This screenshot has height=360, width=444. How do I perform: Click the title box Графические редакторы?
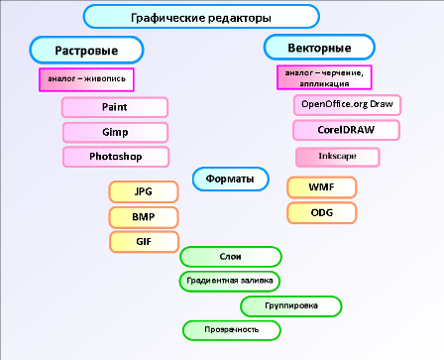click(201, 17)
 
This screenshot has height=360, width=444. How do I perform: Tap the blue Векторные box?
click(320, 47)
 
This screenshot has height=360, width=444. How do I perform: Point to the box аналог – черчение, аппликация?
click(324, 77)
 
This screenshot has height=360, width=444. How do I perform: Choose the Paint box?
click(115, 107)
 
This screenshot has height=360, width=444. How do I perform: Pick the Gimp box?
click(115, 132)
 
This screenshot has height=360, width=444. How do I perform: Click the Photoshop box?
click(115, 157)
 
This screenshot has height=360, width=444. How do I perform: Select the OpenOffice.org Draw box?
click(347, 104)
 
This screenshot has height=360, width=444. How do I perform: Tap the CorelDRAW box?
click(347, 130)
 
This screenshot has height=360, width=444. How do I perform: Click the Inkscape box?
click(338, 157)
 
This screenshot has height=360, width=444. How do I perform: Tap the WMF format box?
click(321, 187)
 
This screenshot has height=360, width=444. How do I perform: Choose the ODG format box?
click(321, 212)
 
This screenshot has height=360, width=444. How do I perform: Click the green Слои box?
click(229, 257)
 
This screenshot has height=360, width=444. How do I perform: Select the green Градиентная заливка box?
click(229, 281)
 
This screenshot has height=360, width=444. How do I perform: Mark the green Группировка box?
click(292, 305)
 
